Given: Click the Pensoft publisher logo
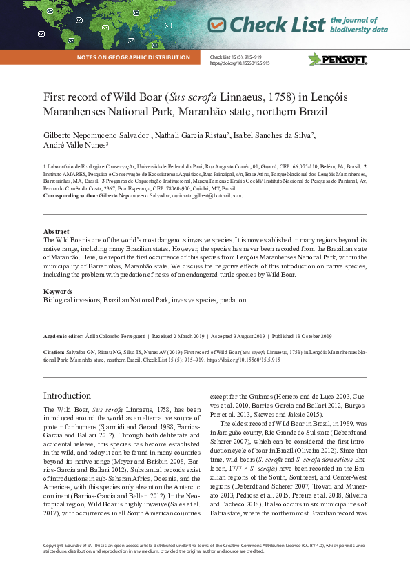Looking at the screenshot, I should [338, 59].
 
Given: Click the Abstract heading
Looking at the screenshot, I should [56, 231].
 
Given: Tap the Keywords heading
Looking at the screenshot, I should [59, 292].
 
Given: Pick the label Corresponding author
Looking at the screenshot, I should [70, 196].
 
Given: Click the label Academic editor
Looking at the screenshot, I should [65, 336].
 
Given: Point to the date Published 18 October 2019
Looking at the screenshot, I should [301, 336].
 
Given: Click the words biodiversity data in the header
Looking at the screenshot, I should [359, 30].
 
